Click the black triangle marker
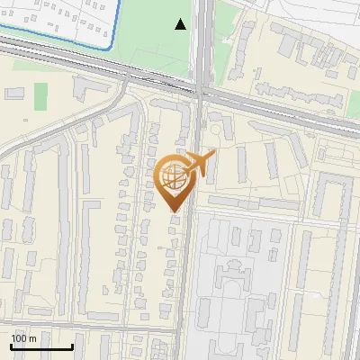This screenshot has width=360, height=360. (x=181, y=24)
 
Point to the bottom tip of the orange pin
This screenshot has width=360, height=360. (x=174, y=212)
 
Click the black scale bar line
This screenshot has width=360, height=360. (x=41, y=346)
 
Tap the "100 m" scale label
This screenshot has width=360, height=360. (x=23, y=337)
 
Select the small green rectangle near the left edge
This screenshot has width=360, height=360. (x=41, y=96)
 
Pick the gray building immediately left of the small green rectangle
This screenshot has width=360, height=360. (x=14, y=93)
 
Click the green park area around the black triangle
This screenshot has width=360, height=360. (x=157, y=36)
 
